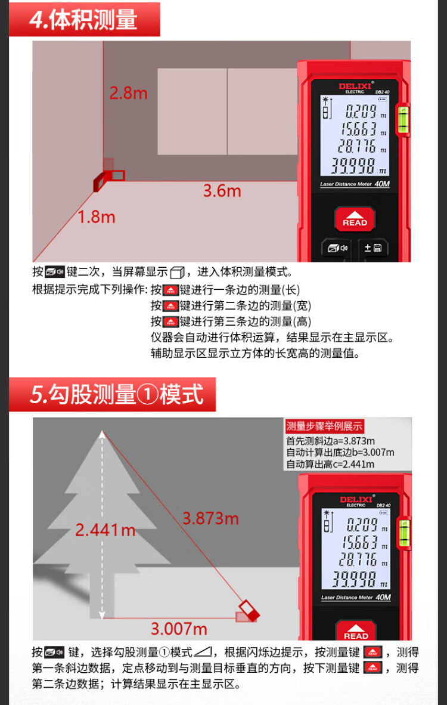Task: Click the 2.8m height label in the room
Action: click(129, 93)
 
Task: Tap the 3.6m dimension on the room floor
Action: click(222, 191)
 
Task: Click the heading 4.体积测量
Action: click(83, 19)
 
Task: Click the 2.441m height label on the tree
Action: click(105, 530)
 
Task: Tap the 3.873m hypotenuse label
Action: click(210, 518)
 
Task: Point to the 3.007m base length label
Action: click(179, 629)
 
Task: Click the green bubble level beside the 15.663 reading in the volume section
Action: click(403, 119)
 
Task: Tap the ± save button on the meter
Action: click(373, 248)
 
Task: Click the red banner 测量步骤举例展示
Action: click(324, 426)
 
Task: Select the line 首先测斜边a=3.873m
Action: click(331, 441)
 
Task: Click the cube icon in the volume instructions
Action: click(178, 273)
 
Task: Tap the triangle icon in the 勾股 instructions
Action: click(203, 652)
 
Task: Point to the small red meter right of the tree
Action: click(248, 611)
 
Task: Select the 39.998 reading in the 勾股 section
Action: click(355, 580)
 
